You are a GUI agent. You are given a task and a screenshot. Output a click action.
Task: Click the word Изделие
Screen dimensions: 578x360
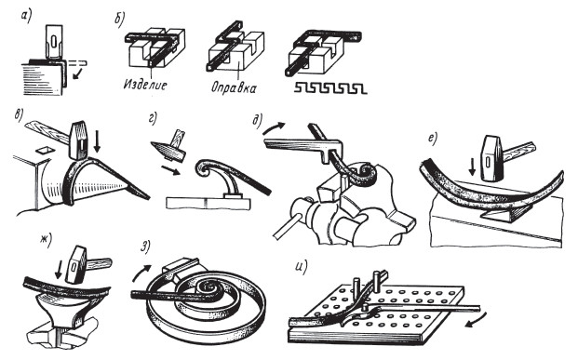[145, 85]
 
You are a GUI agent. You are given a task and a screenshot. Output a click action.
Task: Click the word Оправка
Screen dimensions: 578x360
[234, 87]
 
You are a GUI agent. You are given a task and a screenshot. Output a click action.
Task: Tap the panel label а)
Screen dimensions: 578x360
[27, 17]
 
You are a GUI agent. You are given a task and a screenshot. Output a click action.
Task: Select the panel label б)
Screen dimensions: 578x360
[120, 20]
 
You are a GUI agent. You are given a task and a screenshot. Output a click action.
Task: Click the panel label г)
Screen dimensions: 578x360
[153, 119]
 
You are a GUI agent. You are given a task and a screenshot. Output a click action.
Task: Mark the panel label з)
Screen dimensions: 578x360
[145, 247]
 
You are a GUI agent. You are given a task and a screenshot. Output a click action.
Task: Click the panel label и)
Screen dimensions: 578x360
[302, 268]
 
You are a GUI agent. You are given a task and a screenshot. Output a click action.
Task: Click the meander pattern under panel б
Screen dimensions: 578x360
[330, 88]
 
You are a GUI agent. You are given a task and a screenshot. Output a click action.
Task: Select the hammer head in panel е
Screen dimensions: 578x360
[493, 158]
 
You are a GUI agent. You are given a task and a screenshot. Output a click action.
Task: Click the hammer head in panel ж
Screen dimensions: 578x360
[76, 264]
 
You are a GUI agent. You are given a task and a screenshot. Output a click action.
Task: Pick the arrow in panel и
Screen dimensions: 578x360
[476, 319]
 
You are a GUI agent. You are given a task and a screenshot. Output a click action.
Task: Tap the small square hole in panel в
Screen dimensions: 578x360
[43, 149]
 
